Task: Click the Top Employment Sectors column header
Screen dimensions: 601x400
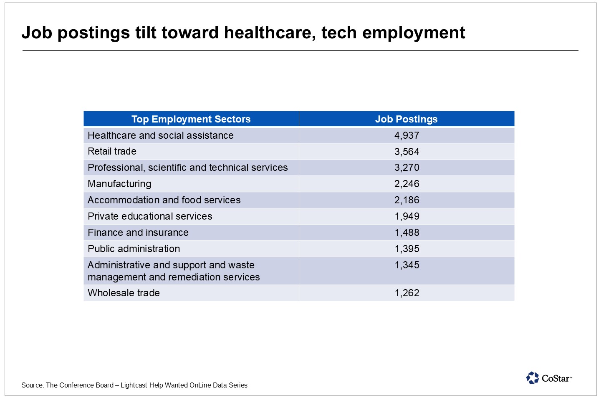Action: coord(191,119)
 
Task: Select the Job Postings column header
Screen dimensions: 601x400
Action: coord(406,119)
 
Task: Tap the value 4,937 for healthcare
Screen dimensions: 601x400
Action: coord(407,135)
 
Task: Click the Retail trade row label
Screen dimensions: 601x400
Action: coord(112,151)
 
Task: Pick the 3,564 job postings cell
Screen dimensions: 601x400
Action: coord(407,152)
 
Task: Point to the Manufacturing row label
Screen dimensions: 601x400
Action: coord(119,184)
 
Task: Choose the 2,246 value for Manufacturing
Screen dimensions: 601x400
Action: coord(407,184)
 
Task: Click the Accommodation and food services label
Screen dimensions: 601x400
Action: coord(164,200)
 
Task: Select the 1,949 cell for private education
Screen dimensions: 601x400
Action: coord(407,216)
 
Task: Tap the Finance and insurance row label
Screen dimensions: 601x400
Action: coord(138,232)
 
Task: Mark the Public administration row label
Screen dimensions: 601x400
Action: coord(134,249)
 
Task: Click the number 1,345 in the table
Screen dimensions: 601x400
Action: coord(407,265)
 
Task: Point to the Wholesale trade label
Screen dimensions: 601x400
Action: coord(124,293)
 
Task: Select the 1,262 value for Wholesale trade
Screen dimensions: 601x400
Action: coord(407,293)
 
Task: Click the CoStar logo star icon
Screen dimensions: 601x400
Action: coord(532,378)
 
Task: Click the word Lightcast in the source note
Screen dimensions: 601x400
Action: coord(134,385)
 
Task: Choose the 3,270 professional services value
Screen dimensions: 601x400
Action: coord(407,168)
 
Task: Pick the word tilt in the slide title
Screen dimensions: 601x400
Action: coord(146,32)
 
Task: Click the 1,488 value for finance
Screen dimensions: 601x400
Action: coord(407,232)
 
